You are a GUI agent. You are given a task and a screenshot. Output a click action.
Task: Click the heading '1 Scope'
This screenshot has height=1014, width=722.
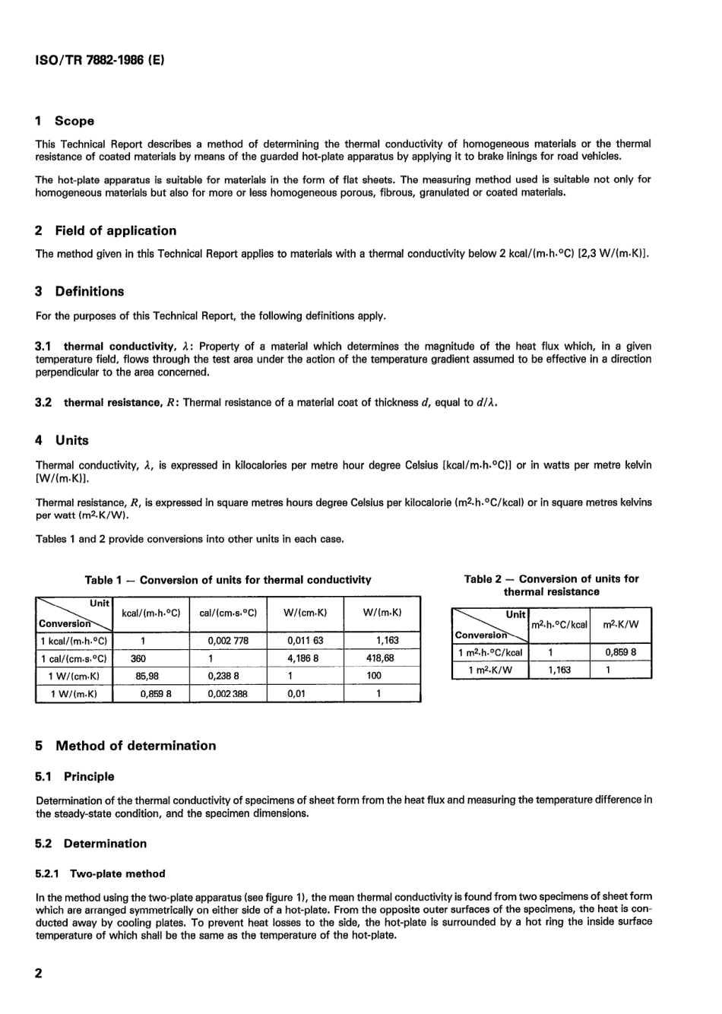(x=65, y=121)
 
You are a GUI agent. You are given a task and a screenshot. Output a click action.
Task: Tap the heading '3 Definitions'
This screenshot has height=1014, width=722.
(x=80, y=292)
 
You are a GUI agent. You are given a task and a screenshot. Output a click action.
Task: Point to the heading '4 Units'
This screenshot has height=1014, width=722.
(x=62, y=441)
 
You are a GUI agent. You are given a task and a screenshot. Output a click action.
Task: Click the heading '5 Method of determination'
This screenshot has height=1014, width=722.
(x=126, y=746)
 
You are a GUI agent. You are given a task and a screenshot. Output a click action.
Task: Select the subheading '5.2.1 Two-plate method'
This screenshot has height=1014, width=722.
(x=100, y=874)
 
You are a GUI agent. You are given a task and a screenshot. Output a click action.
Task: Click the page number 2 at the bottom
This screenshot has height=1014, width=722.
(x=40, y=974)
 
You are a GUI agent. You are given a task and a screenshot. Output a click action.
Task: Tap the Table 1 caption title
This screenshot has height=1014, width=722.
(x=228, y=580)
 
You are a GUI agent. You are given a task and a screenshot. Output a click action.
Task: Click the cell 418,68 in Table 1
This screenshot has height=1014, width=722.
(x=380, y=658)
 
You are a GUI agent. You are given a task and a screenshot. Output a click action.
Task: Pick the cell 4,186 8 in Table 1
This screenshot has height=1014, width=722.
(x=303, y=658)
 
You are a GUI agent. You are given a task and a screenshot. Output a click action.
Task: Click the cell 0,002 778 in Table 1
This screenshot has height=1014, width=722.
(x=228, y=641)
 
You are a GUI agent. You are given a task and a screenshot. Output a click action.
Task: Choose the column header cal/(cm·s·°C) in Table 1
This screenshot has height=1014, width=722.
(x=228, y=613)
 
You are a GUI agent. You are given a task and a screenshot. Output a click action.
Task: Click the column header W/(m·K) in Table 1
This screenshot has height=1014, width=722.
(x=382, y=613)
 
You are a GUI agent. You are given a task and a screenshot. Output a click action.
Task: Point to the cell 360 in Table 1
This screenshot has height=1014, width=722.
(x=139, y=658)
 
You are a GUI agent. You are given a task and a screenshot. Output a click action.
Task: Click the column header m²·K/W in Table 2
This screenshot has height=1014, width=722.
(x=620, y=624)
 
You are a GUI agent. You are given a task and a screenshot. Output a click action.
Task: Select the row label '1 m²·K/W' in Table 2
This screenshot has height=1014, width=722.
(x=490, y=670)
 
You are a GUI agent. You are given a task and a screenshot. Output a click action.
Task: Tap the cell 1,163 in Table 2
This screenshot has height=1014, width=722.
(x=559, y=670)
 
